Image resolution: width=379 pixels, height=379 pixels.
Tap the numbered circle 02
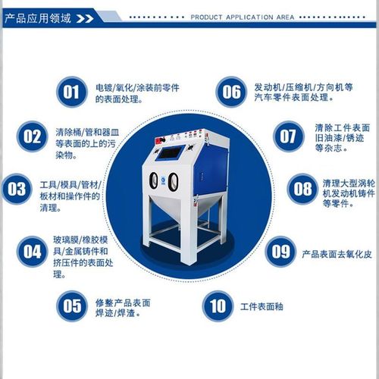(x=32, y=137)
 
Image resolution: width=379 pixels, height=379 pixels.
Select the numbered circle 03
(x=17, y=189)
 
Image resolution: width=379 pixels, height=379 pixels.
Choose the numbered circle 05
(x=71, y=306)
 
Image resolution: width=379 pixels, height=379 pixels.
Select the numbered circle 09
(x=281, y=251)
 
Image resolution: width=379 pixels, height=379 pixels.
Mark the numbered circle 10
(x=218, y=306)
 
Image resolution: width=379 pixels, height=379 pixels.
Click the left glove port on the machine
(x=157, y=182)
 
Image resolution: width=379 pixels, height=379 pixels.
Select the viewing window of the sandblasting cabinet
(x=171, y=149)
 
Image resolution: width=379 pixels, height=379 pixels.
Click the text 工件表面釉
(x=261, y=307)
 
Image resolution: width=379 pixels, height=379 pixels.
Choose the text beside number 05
(x=123, y=307)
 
